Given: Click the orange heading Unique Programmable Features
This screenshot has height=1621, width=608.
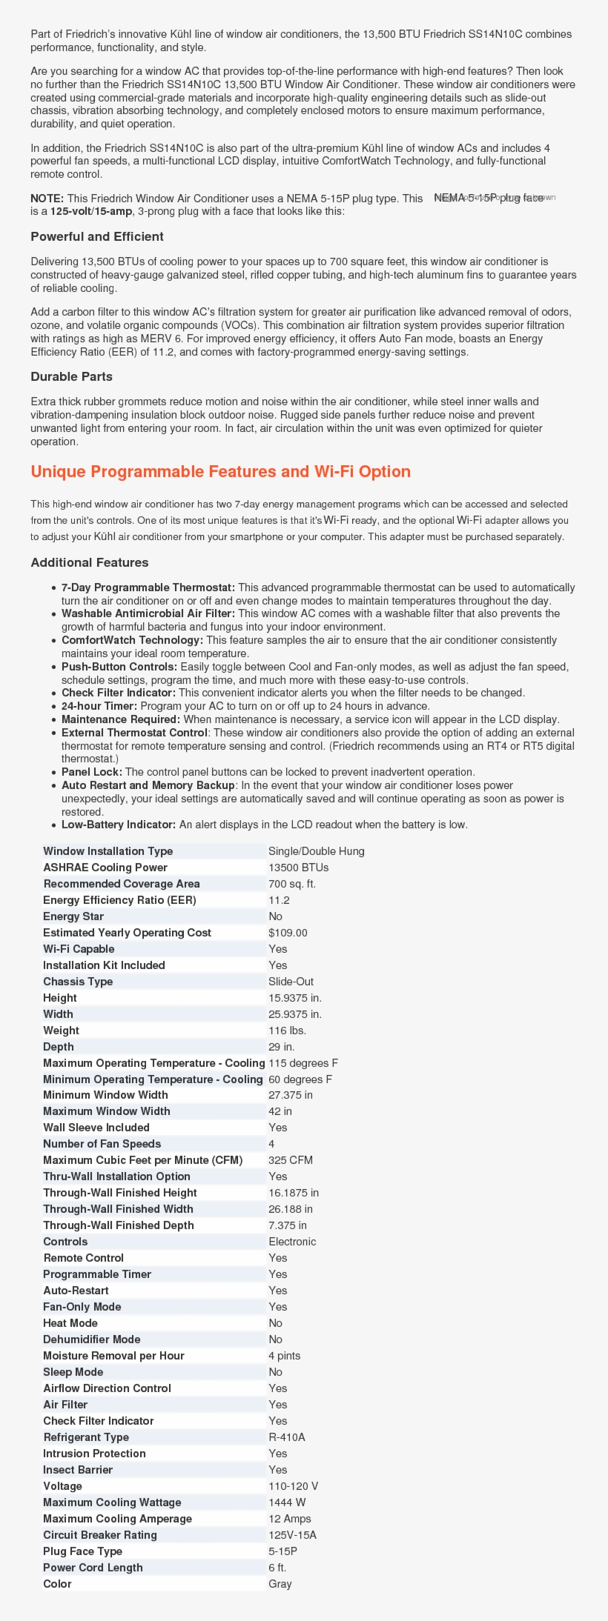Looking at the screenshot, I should pos(220,472).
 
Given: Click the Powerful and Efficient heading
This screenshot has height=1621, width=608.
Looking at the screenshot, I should pos(97,237).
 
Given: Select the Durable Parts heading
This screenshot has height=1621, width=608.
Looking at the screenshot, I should pos(71,376).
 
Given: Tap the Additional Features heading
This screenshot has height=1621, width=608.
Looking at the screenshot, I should pos(90,562).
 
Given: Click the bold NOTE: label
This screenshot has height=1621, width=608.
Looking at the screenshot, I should pos(47,199).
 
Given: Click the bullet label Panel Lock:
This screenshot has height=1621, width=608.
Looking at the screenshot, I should pos(92,772).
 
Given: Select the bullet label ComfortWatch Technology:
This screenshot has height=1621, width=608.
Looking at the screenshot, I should pos(132,640).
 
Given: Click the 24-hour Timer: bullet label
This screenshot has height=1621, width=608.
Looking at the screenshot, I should pos(99,706).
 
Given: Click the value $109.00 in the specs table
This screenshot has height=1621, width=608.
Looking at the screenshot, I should pos(288,933).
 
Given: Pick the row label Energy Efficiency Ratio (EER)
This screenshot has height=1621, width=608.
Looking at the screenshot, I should pos(119,900).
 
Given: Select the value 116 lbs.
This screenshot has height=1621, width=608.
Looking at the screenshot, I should pos(287,1031).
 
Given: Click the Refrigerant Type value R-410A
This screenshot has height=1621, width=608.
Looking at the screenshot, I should pos(287,1437).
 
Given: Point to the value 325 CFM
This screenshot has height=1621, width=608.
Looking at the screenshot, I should pos(291,1160).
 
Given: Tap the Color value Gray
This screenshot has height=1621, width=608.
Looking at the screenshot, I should pos(280,1584).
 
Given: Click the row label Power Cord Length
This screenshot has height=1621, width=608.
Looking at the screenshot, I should pos(93,1568).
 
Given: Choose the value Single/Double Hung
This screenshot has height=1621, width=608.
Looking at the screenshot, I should pos(317,851).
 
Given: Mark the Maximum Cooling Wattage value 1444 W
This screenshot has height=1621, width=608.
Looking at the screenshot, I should pos(287,1502).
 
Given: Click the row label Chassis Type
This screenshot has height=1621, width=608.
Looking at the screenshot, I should pos(78,982).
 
